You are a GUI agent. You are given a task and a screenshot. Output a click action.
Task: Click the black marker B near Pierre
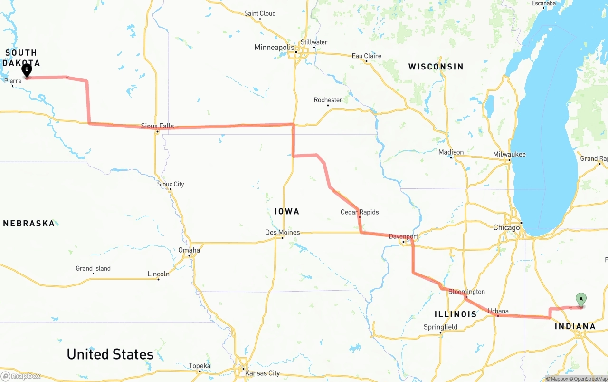[27, 70]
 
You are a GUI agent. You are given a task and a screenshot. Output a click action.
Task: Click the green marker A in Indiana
[580, 299]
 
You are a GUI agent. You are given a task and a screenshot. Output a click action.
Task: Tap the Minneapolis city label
[274, 47]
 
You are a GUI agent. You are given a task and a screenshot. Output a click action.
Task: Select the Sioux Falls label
[157, 126]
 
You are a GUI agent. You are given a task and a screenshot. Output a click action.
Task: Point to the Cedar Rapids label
[360, 212]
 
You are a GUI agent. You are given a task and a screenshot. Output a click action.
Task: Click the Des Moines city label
[282, 232]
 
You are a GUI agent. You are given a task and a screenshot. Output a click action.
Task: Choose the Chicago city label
[506, 227]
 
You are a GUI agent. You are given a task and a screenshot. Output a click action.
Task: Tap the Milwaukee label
[509, 154]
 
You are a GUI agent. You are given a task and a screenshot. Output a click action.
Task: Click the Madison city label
[451, 152]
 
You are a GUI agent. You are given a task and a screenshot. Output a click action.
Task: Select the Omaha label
[189, 250]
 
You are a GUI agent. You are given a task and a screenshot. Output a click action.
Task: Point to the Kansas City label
[262, 373]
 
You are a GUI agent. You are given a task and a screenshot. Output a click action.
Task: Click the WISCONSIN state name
[436, 67]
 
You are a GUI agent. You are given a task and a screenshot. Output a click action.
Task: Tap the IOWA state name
[287, 211]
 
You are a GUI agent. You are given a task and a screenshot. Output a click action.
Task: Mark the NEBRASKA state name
[29, 223]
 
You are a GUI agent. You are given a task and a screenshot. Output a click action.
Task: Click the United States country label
[110, 354]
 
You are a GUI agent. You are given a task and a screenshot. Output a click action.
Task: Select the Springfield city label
[440, 327]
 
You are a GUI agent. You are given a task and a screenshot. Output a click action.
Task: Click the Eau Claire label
[366, 56]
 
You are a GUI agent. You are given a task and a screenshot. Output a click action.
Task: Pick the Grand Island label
[93, 268]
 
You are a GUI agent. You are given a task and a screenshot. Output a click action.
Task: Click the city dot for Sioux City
[170, 189]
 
